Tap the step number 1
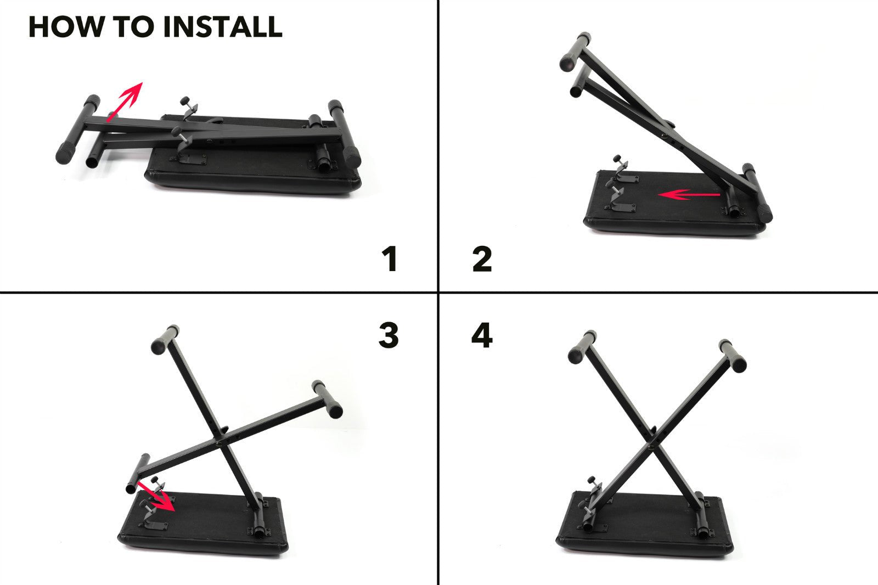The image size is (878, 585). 390,260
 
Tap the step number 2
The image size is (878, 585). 482,260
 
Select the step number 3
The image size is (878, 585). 389,335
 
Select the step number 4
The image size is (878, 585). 482,335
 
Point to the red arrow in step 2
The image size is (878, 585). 689,194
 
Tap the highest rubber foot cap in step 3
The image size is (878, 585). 165,339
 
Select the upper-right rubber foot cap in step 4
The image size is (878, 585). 733,356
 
